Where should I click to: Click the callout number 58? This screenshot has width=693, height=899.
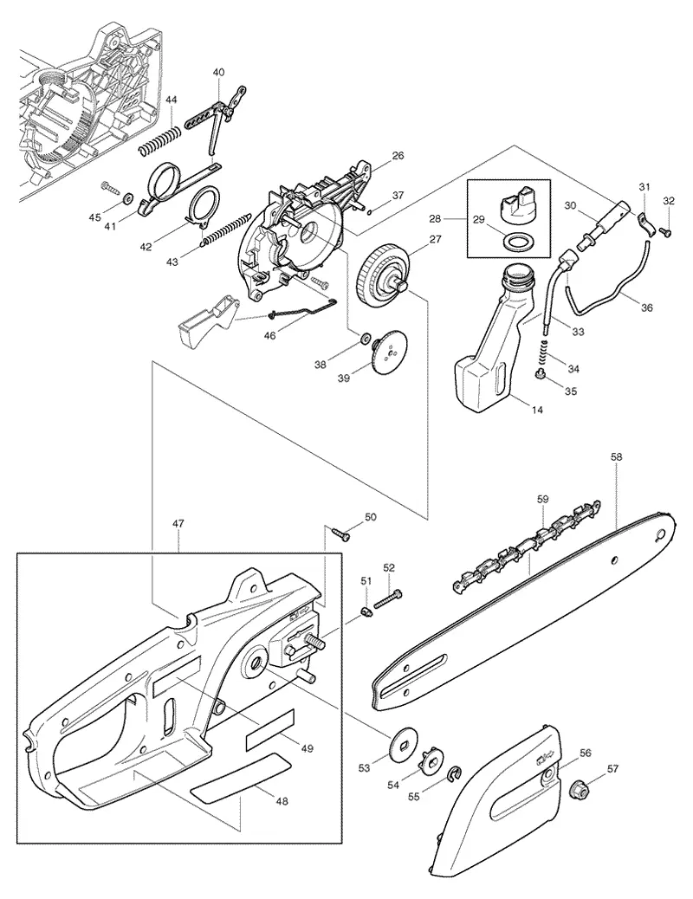point(616,457)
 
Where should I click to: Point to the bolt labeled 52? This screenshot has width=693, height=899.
point(388,599)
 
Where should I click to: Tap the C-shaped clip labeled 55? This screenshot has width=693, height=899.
point(456,774)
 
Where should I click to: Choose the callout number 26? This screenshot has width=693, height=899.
point(398,155)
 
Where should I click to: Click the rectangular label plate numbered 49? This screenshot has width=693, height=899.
point(269,728)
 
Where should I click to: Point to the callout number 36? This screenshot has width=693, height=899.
point(646,307)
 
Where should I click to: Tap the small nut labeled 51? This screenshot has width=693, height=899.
point(366,612)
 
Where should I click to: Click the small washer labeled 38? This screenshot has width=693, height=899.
point(365,340)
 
